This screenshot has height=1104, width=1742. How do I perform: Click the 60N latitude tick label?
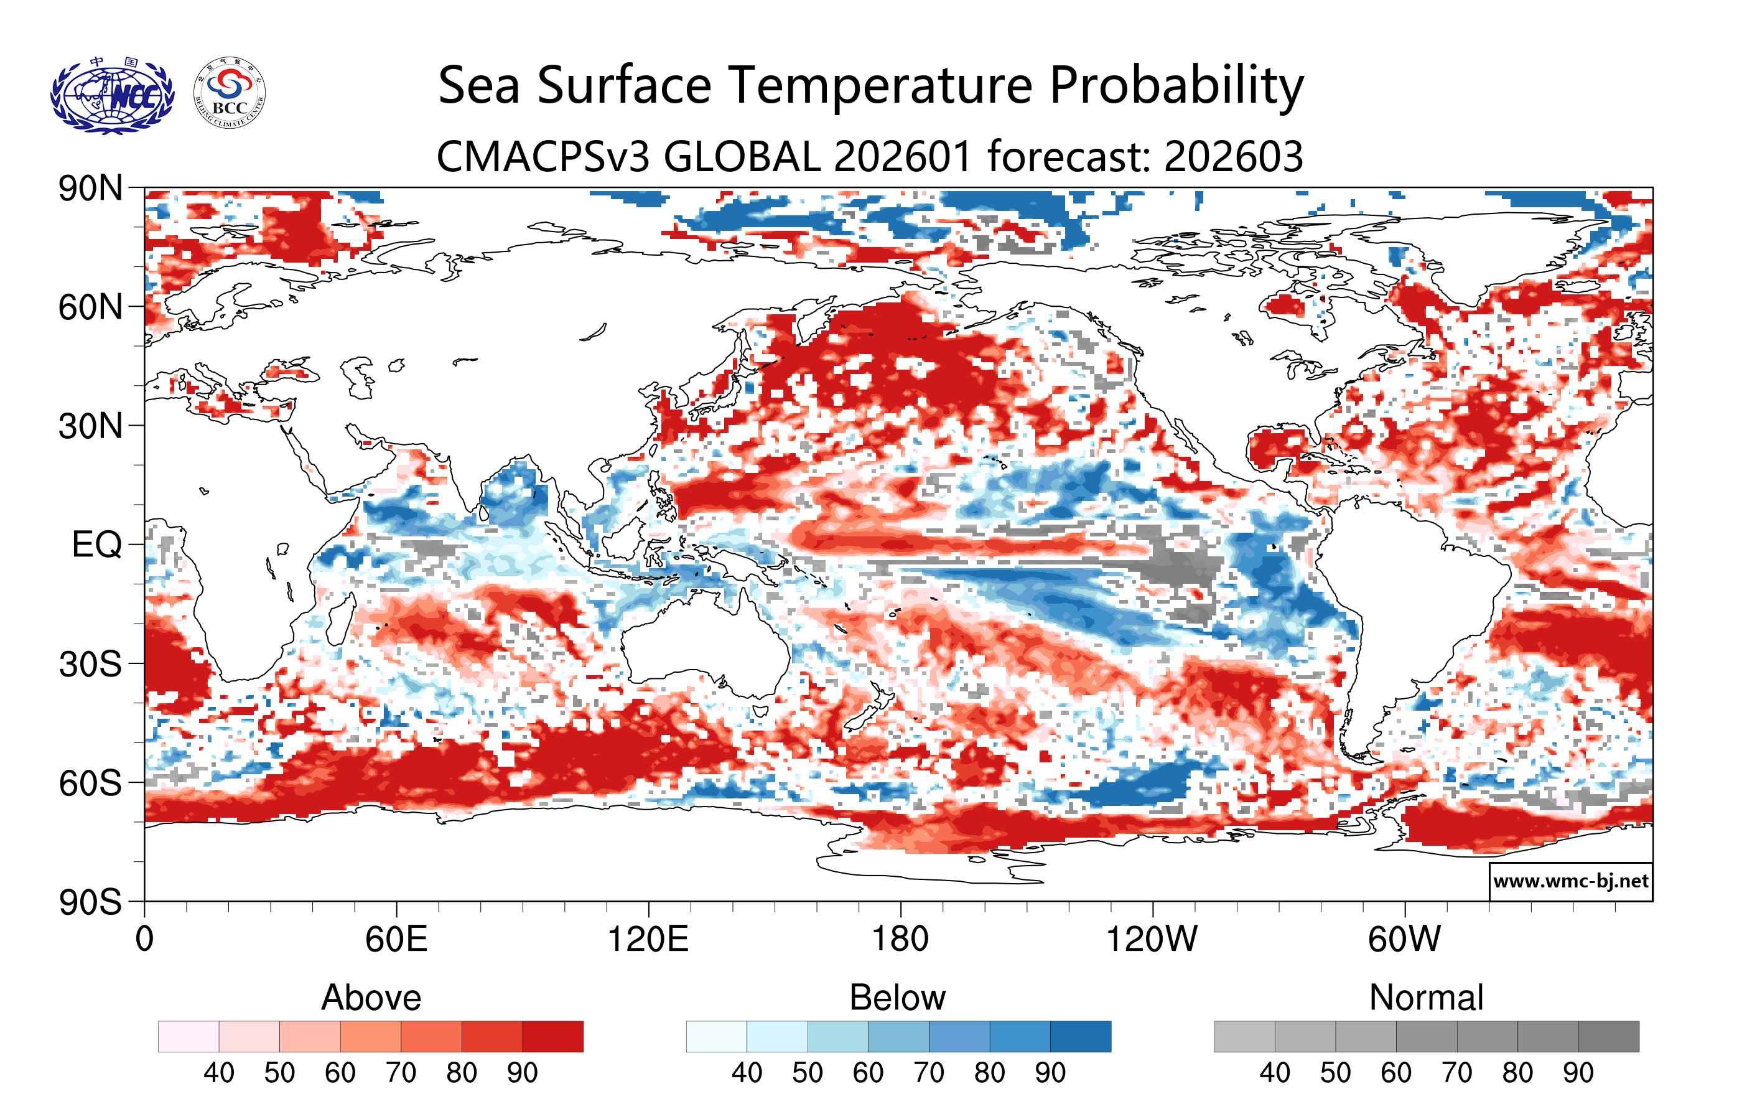point(90,307)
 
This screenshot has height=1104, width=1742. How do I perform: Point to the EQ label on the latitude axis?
point(97,545)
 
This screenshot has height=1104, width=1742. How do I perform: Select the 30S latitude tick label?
point(90,664)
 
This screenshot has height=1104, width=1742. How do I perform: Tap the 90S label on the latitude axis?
point(90,902)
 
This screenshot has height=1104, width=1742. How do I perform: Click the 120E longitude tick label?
point(648,940)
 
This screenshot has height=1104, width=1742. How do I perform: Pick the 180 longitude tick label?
point(900,940)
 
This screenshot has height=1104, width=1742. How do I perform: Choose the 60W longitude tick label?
point(1404,940)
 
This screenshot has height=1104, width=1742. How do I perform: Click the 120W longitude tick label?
point(1152,940)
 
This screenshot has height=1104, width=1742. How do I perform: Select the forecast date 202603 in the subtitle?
point(1234,156)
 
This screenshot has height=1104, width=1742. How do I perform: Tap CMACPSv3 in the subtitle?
point(543,156)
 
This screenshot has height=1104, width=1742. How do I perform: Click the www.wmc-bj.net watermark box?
point(1570,881)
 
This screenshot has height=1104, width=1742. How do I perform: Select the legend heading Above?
point(371,998)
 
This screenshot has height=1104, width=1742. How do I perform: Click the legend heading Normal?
point(1426,998)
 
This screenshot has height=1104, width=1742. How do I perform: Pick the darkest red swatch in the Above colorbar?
point(552,1036)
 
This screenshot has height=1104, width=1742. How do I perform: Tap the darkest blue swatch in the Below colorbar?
point(1080,1036)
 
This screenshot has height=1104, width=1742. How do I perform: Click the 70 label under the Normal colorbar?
point(1456,1072)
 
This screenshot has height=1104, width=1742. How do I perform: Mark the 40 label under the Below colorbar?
point(747,1072)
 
